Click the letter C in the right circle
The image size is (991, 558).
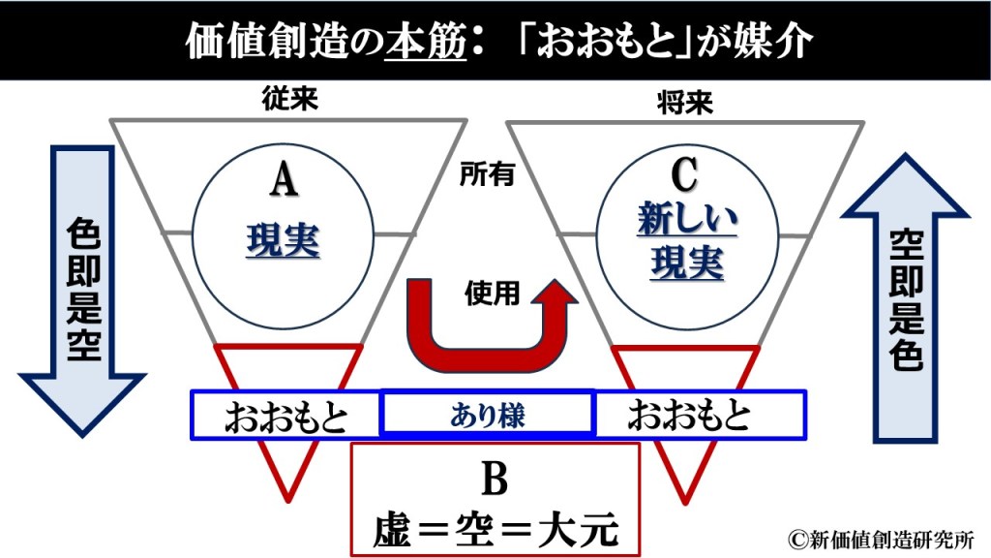tap(684, 177)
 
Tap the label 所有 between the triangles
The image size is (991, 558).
tap(487, 174)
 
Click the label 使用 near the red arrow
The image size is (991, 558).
tap(493, 292)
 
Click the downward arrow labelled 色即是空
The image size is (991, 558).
tap(82, 291)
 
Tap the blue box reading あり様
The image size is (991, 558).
tap(487, 414)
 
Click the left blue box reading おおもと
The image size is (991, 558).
tap(286, 415)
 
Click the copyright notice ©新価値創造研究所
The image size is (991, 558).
tap(882, 540)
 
